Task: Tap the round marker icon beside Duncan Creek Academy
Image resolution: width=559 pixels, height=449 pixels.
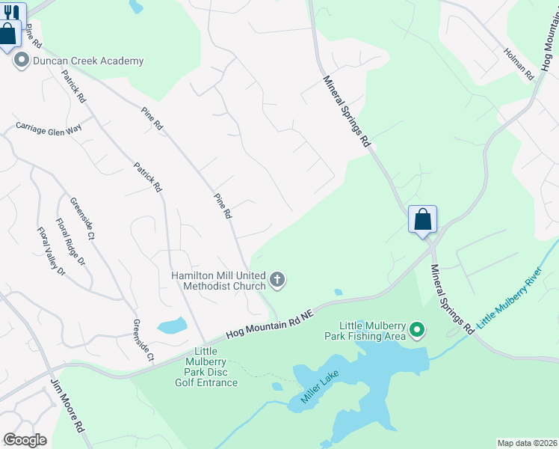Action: coord(21,61)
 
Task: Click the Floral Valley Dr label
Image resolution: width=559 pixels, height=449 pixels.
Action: coord(51,251)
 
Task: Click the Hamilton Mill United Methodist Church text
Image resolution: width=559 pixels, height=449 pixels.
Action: coord(217,281)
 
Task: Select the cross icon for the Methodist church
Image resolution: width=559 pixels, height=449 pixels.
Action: coord(277,281)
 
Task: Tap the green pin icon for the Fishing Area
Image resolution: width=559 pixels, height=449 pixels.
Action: coord(418,329)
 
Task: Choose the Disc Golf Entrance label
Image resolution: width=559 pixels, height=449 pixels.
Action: coord(206,367)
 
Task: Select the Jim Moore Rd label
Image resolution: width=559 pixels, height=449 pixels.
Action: coord(65,407)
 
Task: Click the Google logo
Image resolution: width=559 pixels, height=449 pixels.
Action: coord(25,440)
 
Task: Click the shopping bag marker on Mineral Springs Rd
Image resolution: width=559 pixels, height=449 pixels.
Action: coord(422,220)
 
